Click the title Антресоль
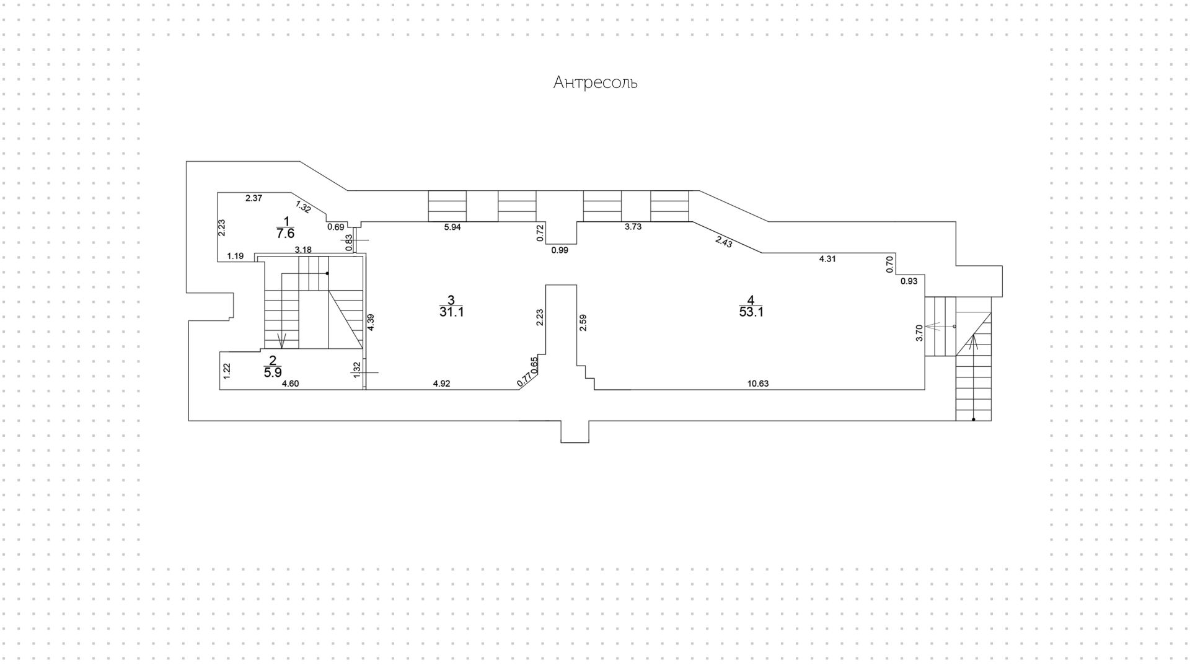click(595, 82)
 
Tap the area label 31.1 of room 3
click(452, 312)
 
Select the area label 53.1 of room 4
click(751, 312)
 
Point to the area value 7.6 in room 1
click(285, 234)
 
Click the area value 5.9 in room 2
click(273, 373)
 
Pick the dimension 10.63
click(757, 384)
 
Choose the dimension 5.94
click(452, 227)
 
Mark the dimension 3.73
click(633, 227)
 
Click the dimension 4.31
click(827, 259)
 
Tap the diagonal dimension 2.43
click(724, 242)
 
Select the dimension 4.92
click(441, 384)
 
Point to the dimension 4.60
click(290, 384)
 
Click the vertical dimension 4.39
click(371, 323)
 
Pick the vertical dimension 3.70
click(919, 333)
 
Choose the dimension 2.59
click(583, 323)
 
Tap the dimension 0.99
click(560, 250)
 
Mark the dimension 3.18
click(303, 250)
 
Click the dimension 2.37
click(254, 198)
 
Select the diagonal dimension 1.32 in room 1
click(303, 207)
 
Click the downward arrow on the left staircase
click(283, 340)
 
